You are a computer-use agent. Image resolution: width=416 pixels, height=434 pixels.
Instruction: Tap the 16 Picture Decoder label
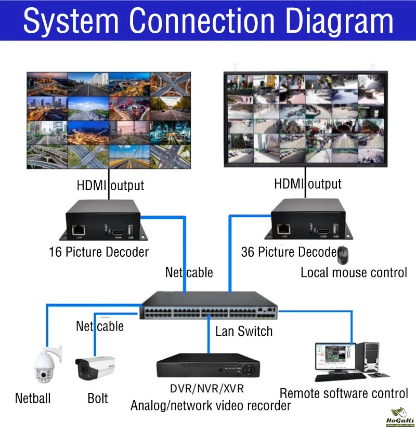tap(98, 253)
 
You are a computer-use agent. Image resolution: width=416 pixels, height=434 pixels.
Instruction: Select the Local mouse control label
tap(354, 272)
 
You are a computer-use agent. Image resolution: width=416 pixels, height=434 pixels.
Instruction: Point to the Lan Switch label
tap(244, 331)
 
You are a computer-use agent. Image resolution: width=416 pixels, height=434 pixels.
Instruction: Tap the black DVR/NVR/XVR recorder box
tap(208, 366)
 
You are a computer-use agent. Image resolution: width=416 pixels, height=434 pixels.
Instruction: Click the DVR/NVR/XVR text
tap(206, 389)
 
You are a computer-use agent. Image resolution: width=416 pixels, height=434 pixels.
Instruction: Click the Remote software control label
tap(344, 393)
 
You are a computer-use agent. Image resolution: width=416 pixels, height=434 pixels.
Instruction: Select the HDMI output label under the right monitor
tap(308, 183)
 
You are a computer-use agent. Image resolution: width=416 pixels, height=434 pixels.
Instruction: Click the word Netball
tap(33, 399)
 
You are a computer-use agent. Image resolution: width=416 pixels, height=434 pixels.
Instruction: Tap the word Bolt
tap(98, 399)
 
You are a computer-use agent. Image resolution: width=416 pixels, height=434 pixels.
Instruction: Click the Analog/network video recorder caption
tap(211, 405)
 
